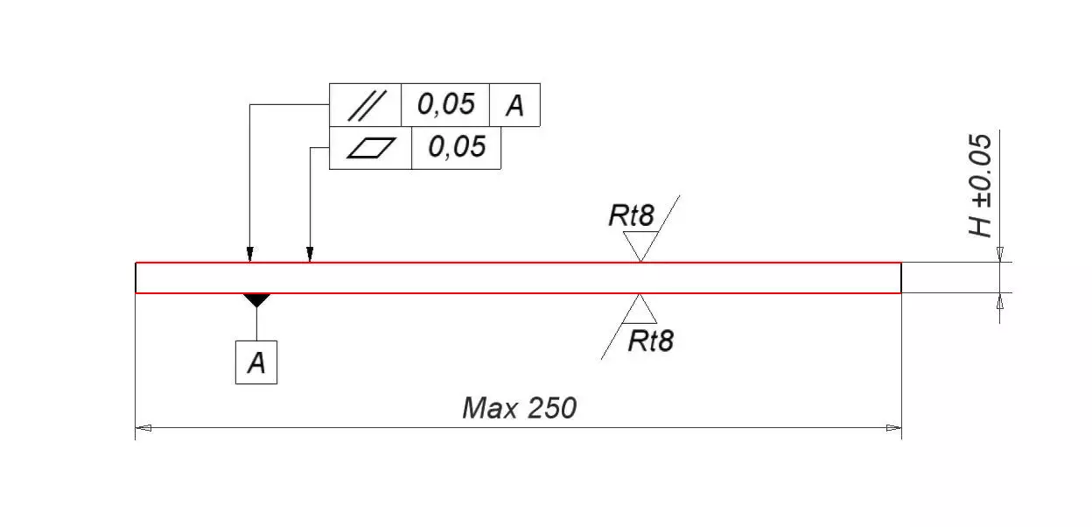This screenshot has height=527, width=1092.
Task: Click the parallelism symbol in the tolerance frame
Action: [x=365, y=105]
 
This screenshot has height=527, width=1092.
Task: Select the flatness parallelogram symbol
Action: [x=371, y=148]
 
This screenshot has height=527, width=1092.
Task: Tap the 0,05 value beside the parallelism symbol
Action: [x=445, y=104]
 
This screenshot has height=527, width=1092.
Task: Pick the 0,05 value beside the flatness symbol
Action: [x=456, y=147]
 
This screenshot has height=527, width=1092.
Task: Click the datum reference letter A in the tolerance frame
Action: [x=514, y=106]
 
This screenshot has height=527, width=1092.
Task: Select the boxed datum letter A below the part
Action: [x=256, y=362]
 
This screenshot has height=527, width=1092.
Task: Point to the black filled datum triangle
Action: [x=256, y=299]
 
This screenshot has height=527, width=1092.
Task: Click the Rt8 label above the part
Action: [x=631, y=216]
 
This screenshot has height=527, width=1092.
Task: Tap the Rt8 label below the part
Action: [x=651, y=341]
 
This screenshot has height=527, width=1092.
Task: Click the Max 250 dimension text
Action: [x=519, y=408]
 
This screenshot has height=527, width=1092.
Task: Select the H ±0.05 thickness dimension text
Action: [x=981, y=186]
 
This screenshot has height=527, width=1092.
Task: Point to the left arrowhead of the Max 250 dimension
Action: [x=143, y=428]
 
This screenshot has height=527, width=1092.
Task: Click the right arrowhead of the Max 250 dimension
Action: [x=893, y=428]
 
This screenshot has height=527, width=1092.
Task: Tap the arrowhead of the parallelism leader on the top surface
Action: [x=250, y=255]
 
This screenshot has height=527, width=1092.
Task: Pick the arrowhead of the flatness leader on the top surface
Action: [x=310, y=255]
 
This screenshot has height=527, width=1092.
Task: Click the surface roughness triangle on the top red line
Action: [x=640, y=246]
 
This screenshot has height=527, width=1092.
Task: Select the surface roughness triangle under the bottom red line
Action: [x=641, y=309]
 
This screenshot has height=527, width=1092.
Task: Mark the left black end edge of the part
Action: [x=136, y=278]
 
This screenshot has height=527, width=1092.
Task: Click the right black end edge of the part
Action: [x=901, y=278]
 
